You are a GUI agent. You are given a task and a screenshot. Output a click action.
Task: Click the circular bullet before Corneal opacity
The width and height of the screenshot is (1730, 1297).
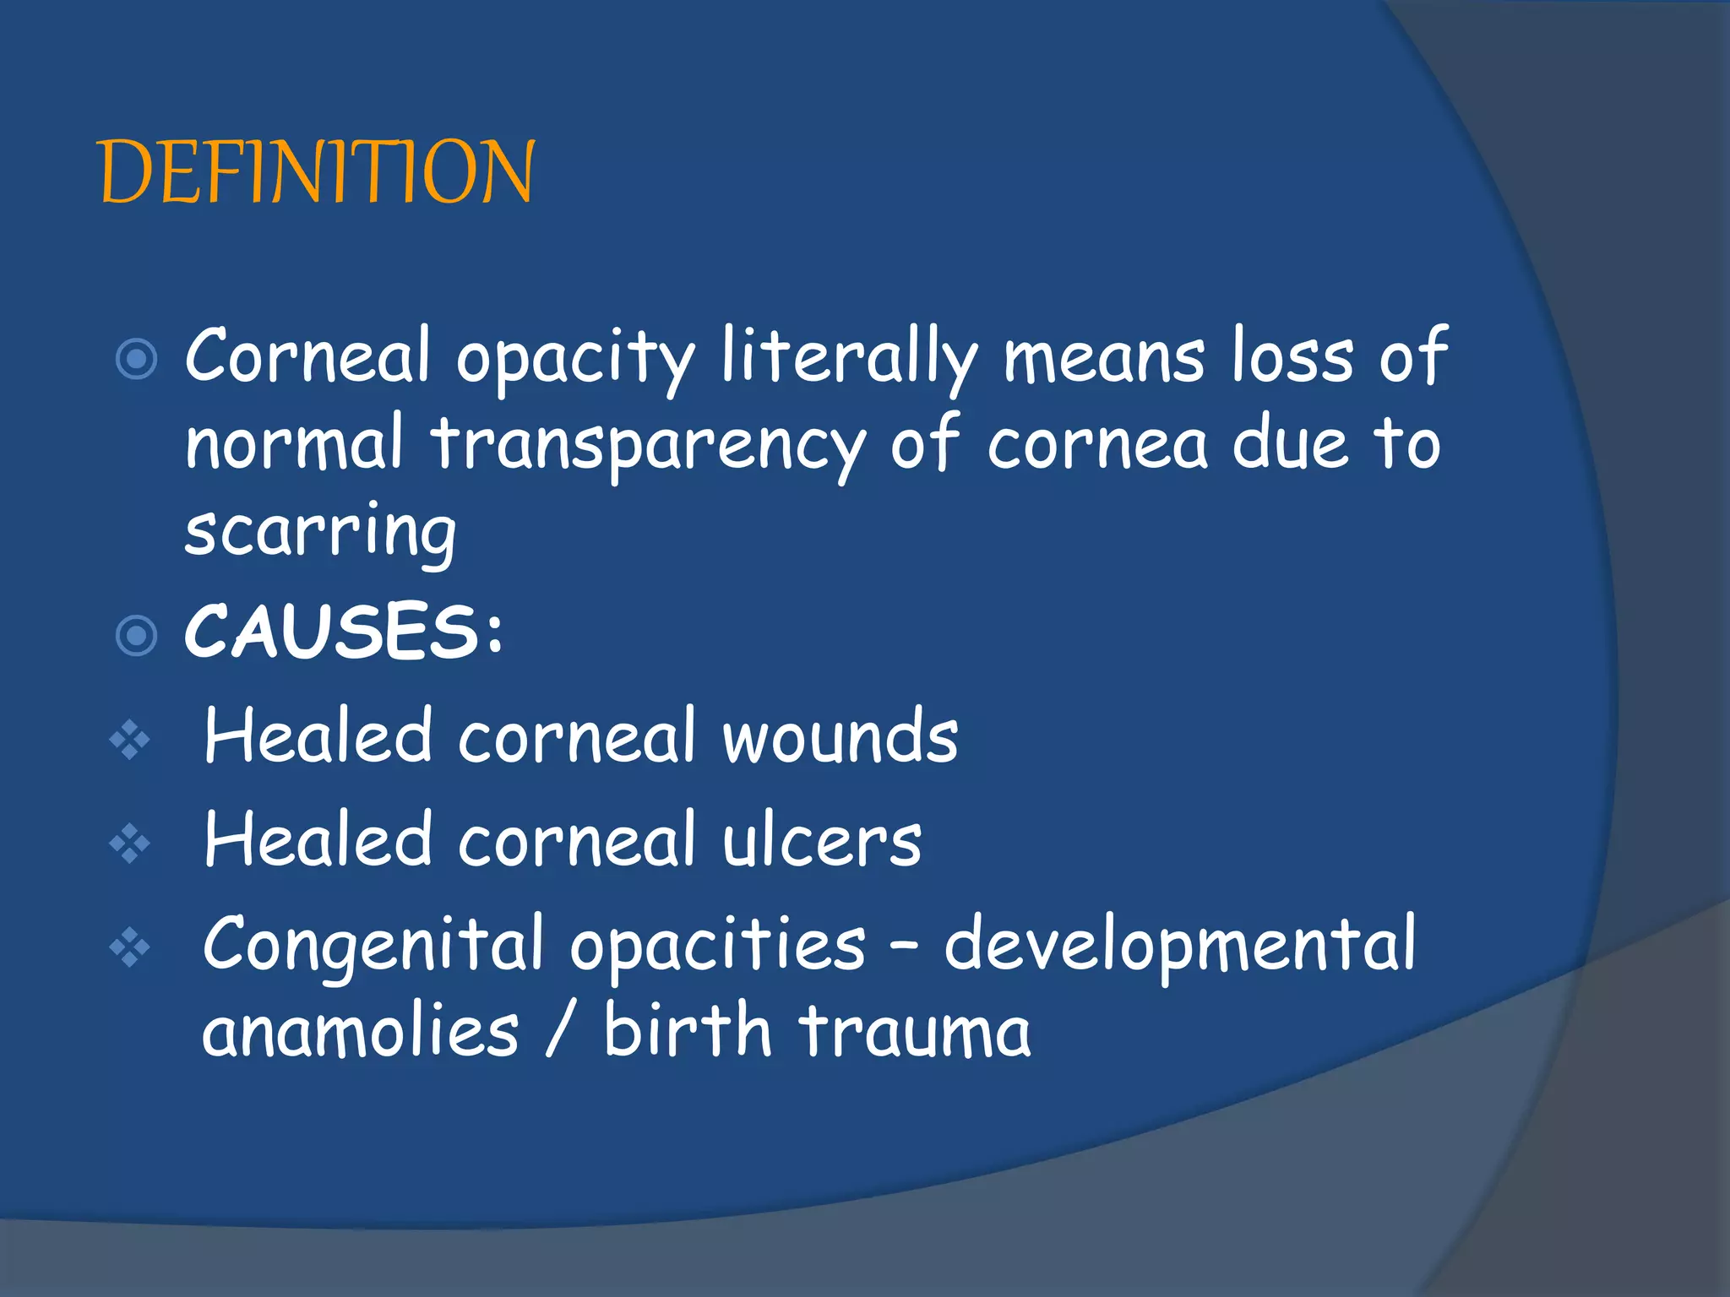point(136,359)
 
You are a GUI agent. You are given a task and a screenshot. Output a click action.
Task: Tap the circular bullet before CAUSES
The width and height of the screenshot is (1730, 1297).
point(136,635)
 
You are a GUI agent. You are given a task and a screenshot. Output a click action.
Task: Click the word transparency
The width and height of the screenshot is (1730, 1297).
point(649,448)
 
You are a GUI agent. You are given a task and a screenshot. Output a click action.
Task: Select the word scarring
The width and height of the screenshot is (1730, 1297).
point(321,532)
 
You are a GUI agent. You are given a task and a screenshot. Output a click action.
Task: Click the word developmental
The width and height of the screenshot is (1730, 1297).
point(1179,944)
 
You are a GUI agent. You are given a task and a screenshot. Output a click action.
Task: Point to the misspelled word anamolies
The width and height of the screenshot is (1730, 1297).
point(361,1032)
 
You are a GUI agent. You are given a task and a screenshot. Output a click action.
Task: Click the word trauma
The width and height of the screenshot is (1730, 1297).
point(915,1032)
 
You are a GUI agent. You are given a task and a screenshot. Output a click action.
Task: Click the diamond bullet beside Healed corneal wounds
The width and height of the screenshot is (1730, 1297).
point(129,741)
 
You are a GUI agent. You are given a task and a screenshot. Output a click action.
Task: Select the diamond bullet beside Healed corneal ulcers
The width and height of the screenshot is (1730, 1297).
point(129,844)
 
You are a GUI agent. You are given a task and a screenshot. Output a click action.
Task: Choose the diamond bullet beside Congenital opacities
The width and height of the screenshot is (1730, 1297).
point(129,947)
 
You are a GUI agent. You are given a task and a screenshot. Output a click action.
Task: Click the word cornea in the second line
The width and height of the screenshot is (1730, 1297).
point(1097,448)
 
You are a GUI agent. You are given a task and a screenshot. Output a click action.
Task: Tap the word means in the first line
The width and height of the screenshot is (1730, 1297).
point(1103,359)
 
